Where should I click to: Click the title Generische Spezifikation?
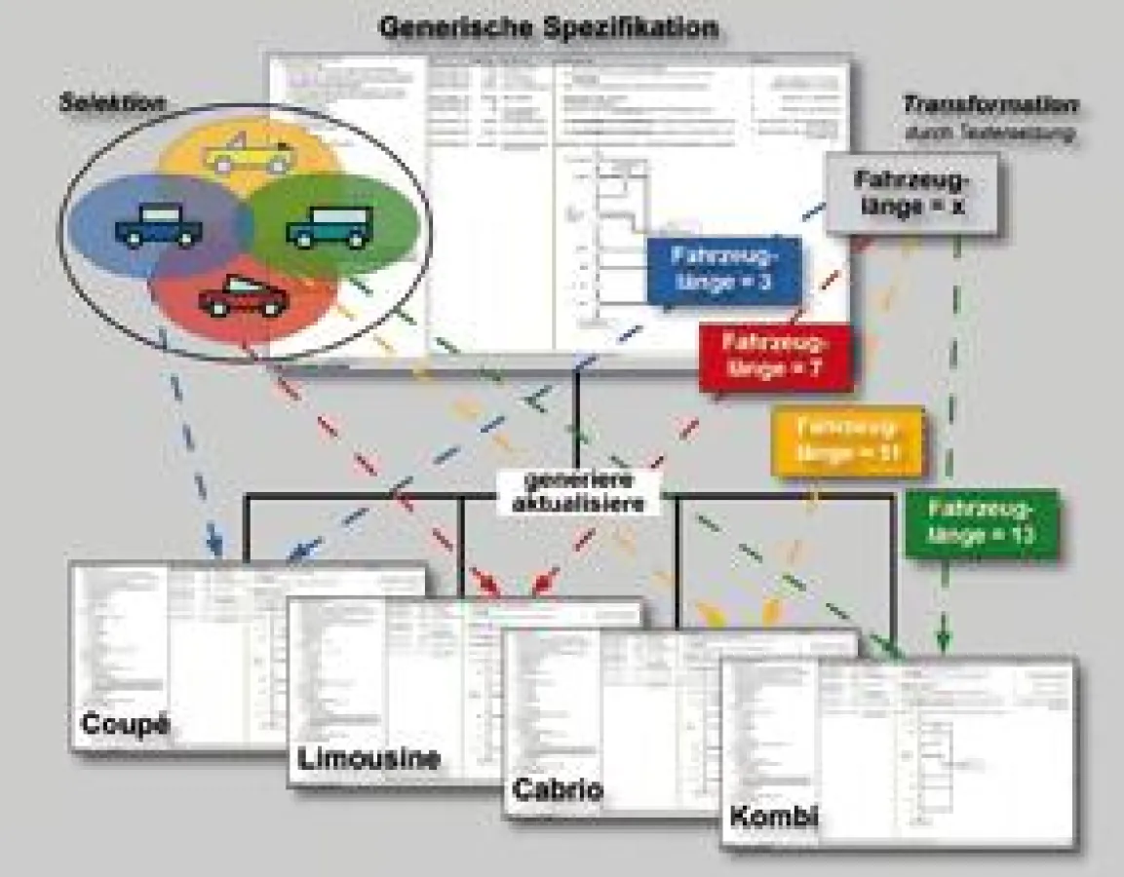[549, 26]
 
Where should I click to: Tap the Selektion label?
[111, 101]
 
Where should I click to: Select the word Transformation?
[989, 105]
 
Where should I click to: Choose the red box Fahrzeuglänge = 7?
[775, 357]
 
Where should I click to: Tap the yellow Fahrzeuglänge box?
[846, 440]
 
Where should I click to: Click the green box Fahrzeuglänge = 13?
[981, 521]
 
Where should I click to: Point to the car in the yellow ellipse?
[247, 155]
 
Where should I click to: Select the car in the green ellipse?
[330, 226]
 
